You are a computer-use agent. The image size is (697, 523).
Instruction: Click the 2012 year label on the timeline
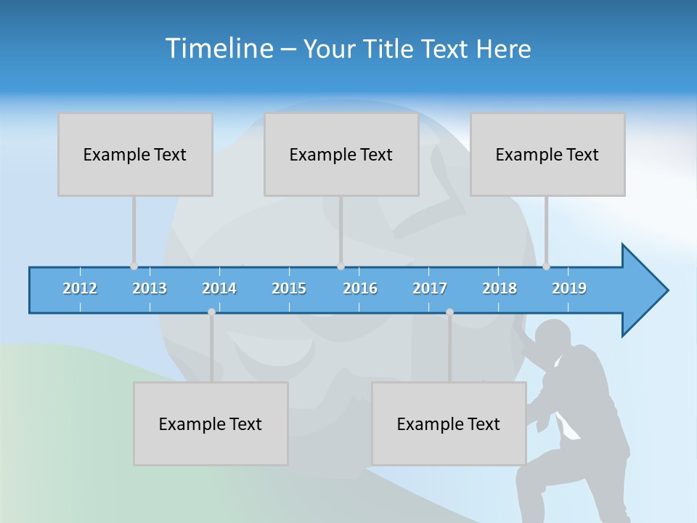pyautogui.click(x=80, y=288)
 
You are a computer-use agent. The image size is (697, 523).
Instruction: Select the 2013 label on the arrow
pyautogui.click(x=150, y=288)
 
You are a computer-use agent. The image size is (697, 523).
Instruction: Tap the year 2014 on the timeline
pyautogui.click(x=219, y=288)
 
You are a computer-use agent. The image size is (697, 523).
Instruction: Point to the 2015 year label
pyautogui.click(x=289, y=288)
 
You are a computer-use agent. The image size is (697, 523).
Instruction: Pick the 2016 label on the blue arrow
pyautogui.click(x=360, y=288)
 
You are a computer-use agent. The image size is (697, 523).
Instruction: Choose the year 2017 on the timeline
pyautogui.click(x=430, y=288)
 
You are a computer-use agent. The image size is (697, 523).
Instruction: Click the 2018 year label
pyautogui.click(x=500, y=288)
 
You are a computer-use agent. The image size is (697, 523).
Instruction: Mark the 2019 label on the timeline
pyautogui.click(x=569, y=288)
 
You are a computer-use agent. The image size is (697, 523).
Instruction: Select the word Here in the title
pyautogui.click(x=503, y=49)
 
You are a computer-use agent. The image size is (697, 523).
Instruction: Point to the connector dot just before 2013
pyautogui.click(x=134, y=266)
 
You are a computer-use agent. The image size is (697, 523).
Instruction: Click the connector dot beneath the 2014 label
pyautogui.click(x=211, y=312)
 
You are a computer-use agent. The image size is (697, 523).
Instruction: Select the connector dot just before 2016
pyautogui.click(x=341, y=266)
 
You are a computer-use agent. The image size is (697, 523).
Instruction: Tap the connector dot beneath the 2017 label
pyautogui.click(x=449, y=312)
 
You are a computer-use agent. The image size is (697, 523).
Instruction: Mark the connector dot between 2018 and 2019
pyautogui.click(x=546, y=266)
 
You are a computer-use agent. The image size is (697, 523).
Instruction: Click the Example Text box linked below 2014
pyautogui.click(x=211, y=423)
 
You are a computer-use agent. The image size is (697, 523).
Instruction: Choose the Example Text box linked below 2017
pyautogui.click(x=449, y=423)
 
